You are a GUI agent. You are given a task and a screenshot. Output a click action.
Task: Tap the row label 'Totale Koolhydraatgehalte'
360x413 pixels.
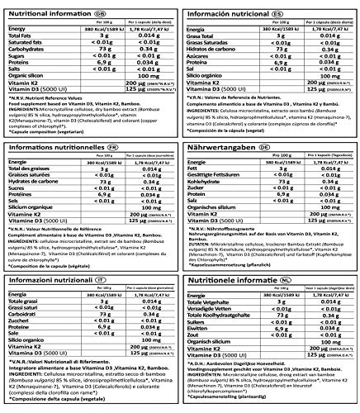coord(228,311)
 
